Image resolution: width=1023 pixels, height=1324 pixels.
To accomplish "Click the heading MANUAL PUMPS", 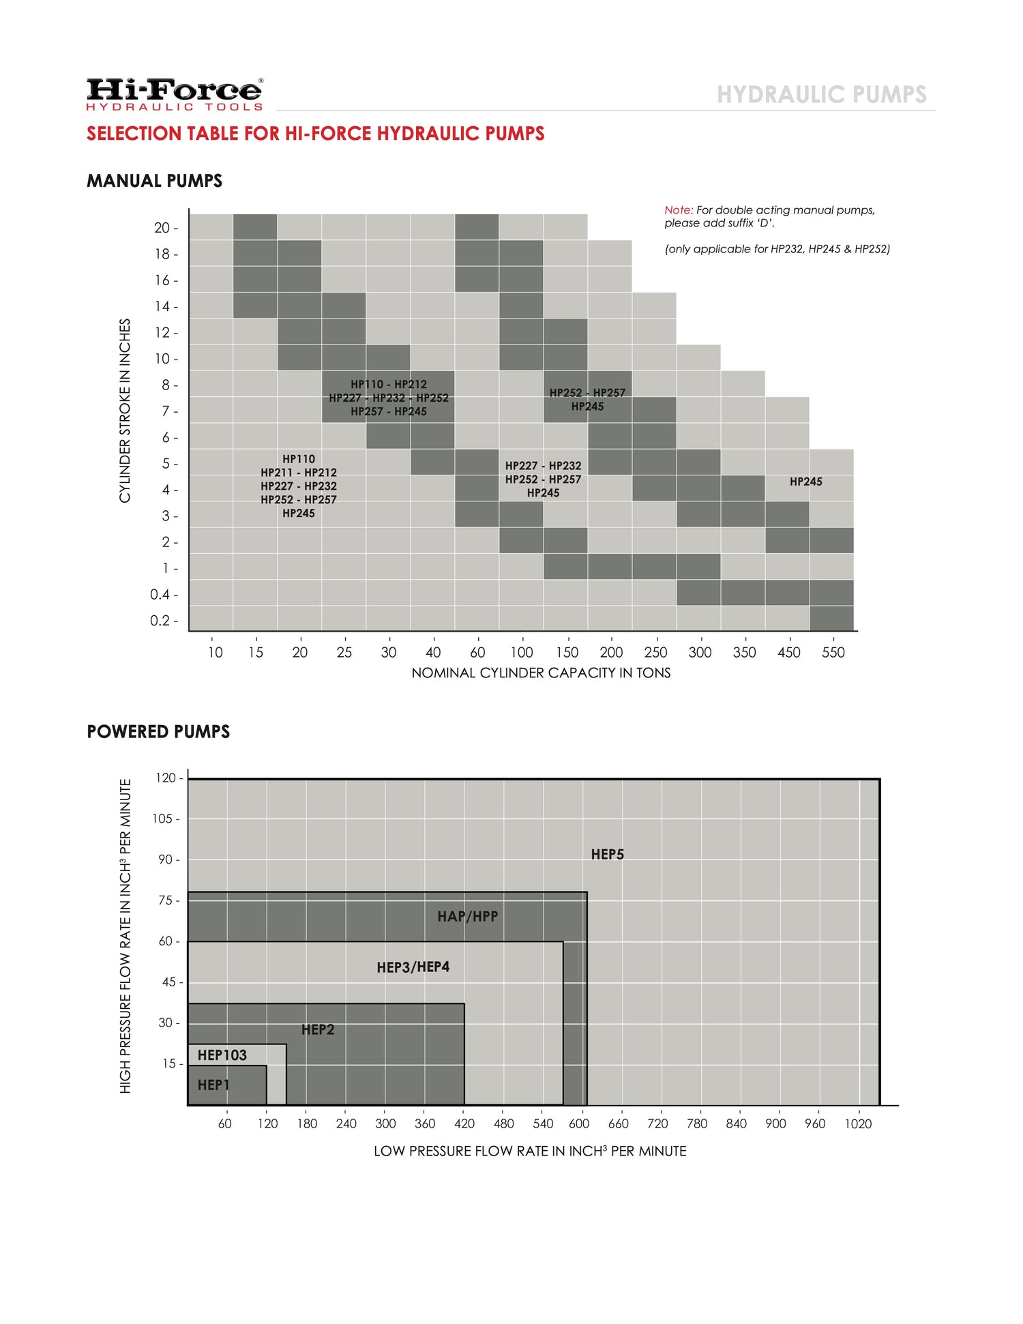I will click(154, 181).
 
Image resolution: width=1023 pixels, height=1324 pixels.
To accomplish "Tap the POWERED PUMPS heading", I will click(158, 731).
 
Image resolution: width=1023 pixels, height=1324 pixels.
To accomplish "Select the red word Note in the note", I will click(679, 210).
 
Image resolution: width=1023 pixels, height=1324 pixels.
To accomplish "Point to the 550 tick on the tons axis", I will click(833, 652).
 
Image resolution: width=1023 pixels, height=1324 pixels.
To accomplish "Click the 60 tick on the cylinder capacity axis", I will click(477, 652).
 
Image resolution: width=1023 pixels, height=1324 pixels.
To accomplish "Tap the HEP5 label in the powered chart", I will click(607, 855).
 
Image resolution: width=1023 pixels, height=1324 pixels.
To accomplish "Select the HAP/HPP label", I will click(468, 916).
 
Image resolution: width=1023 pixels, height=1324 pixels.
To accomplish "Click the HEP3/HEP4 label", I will click(413, 967).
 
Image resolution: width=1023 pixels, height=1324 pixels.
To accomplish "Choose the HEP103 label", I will click(222, 1055).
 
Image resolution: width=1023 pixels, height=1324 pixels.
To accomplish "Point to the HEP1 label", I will click(213, 1085).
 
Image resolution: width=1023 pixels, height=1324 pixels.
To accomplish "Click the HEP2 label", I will click(318, 1029).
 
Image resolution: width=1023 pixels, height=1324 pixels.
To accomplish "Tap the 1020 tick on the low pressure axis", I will click(858, 1123).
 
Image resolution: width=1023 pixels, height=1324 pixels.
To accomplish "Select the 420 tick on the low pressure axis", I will click(464, 1123).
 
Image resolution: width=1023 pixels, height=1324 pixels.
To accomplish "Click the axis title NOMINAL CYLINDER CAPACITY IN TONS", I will click(541, 673).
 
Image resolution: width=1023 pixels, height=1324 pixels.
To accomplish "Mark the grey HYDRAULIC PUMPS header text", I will click(822, 94).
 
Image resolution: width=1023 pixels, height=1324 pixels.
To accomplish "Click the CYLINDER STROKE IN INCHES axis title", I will click(125, 411).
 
